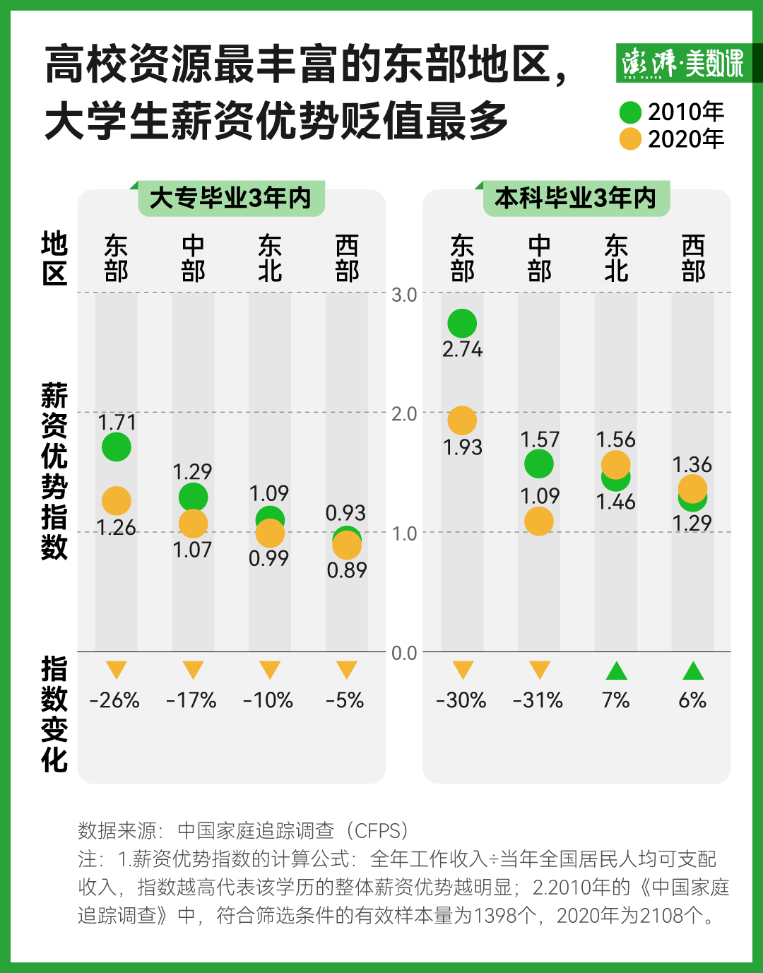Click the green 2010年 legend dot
(630, 112)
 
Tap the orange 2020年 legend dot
(630, 139)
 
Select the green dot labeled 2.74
(462, 324)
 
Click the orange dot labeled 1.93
(462, 420)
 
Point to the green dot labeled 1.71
(117, 447)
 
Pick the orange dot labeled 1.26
(117, 501)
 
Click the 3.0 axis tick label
(404, 295)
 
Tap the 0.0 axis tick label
(404, 653)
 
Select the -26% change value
(115, 700)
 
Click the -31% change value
(538, 700)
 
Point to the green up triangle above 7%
(616, 671)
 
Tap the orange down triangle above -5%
(346, 670)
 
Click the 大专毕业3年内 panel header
(230, 199)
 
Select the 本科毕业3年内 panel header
(575, 199)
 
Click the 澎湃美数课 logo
(682, 64)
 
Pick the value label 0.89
(346, 570)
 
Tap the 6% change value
(692, 700)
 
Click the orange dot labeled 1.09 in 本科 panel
(539, 521)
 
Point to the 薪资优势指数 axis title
(54, 471)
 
